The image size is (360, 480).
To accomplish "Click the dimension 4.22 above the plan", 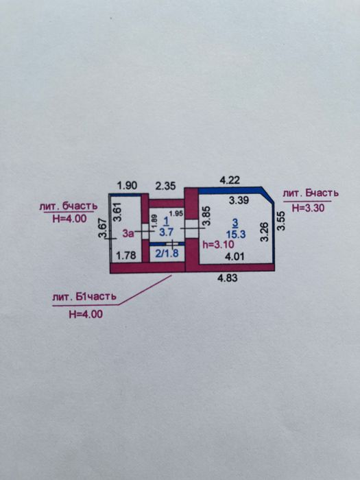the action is pos(230,180).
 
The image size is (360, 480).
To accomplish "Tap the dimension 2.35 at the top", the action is pos(165,186).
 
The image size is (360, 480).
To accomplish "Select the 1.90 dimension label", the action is pos(127,186).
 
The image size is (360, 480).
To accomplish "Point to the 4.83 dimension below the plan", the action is pos(228,278).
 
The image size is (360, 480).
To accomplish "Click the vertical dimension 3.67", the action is pos(102,228).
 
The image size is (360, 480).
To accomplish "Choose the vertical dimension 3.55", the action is pos(280,221).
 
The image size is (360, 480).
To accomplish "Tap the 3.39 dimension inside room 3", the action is pos(239,200).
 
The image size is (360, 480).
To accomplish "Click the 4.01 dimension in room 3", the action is pos(235,256).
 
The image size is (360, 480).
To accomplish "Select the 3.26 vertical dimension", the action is pos(264,232).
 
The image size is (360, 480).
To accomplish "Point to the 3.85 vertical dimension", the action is pos(207,215).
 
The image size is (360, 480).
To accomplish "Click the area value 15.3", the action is pos(236,235).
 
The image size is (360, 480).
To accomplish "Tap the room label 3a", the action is pos(128,234).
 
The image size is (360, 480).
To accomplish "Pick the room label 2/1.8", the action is pos(167,254).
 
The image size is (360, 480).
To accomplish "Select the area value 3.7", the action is pos(166,232).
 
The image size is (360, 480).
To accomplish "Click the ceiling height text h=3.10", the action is pos(218,244).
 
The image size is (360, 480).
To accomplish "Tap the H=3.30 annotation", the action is pos(309,208).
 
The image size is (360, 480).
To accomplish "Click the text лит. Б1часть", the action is pos(84,297).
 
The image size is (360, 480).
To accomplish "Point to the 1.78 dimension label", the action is pos(126,255).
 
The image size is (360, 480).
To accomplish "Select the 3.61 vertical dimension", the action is pos(118,211).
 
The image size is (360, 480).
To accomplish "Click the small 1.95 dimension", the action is pos(176,213).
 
